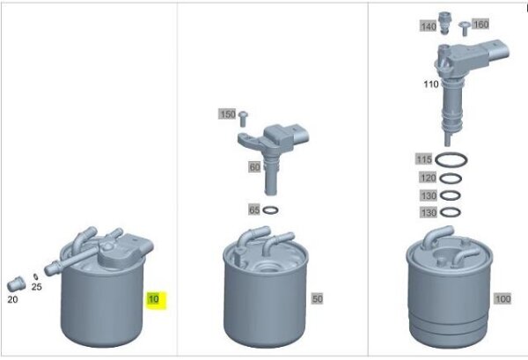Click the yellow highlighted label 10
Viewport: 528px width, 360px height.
[x=156, y=299]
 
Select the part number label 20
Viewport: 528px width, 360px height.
[x=12, y=299]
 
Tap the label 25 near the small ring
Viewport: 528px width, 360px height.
[x=37, y=287]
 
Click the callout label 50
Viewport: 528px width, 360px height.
[x=317, y=299]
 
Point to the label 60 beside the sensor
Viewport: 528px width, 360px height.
[x=253, y=166]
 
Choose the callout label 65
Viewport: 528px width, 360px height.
[x=253, y=210]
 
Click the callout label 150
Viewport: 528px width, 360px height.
[x=227, y=114]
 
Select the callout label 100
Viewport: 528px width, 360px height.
[x=502, y=299]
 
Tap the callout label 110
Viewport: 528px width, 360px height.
[x=430, y=84]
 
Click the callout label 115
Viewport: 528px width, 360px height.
[x=423, y=159]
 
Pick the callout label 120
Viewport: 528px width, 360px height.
[x=427, y=177]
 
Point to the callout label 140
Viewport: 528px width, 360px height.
[x=428, y=27]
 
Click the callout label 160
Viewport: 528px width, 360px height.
[x=480, y=24]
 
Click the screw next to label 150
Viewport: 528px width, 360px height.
[x=244, y=115]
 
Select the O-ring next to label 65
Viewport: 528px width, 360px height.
[x=271, y=210]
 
